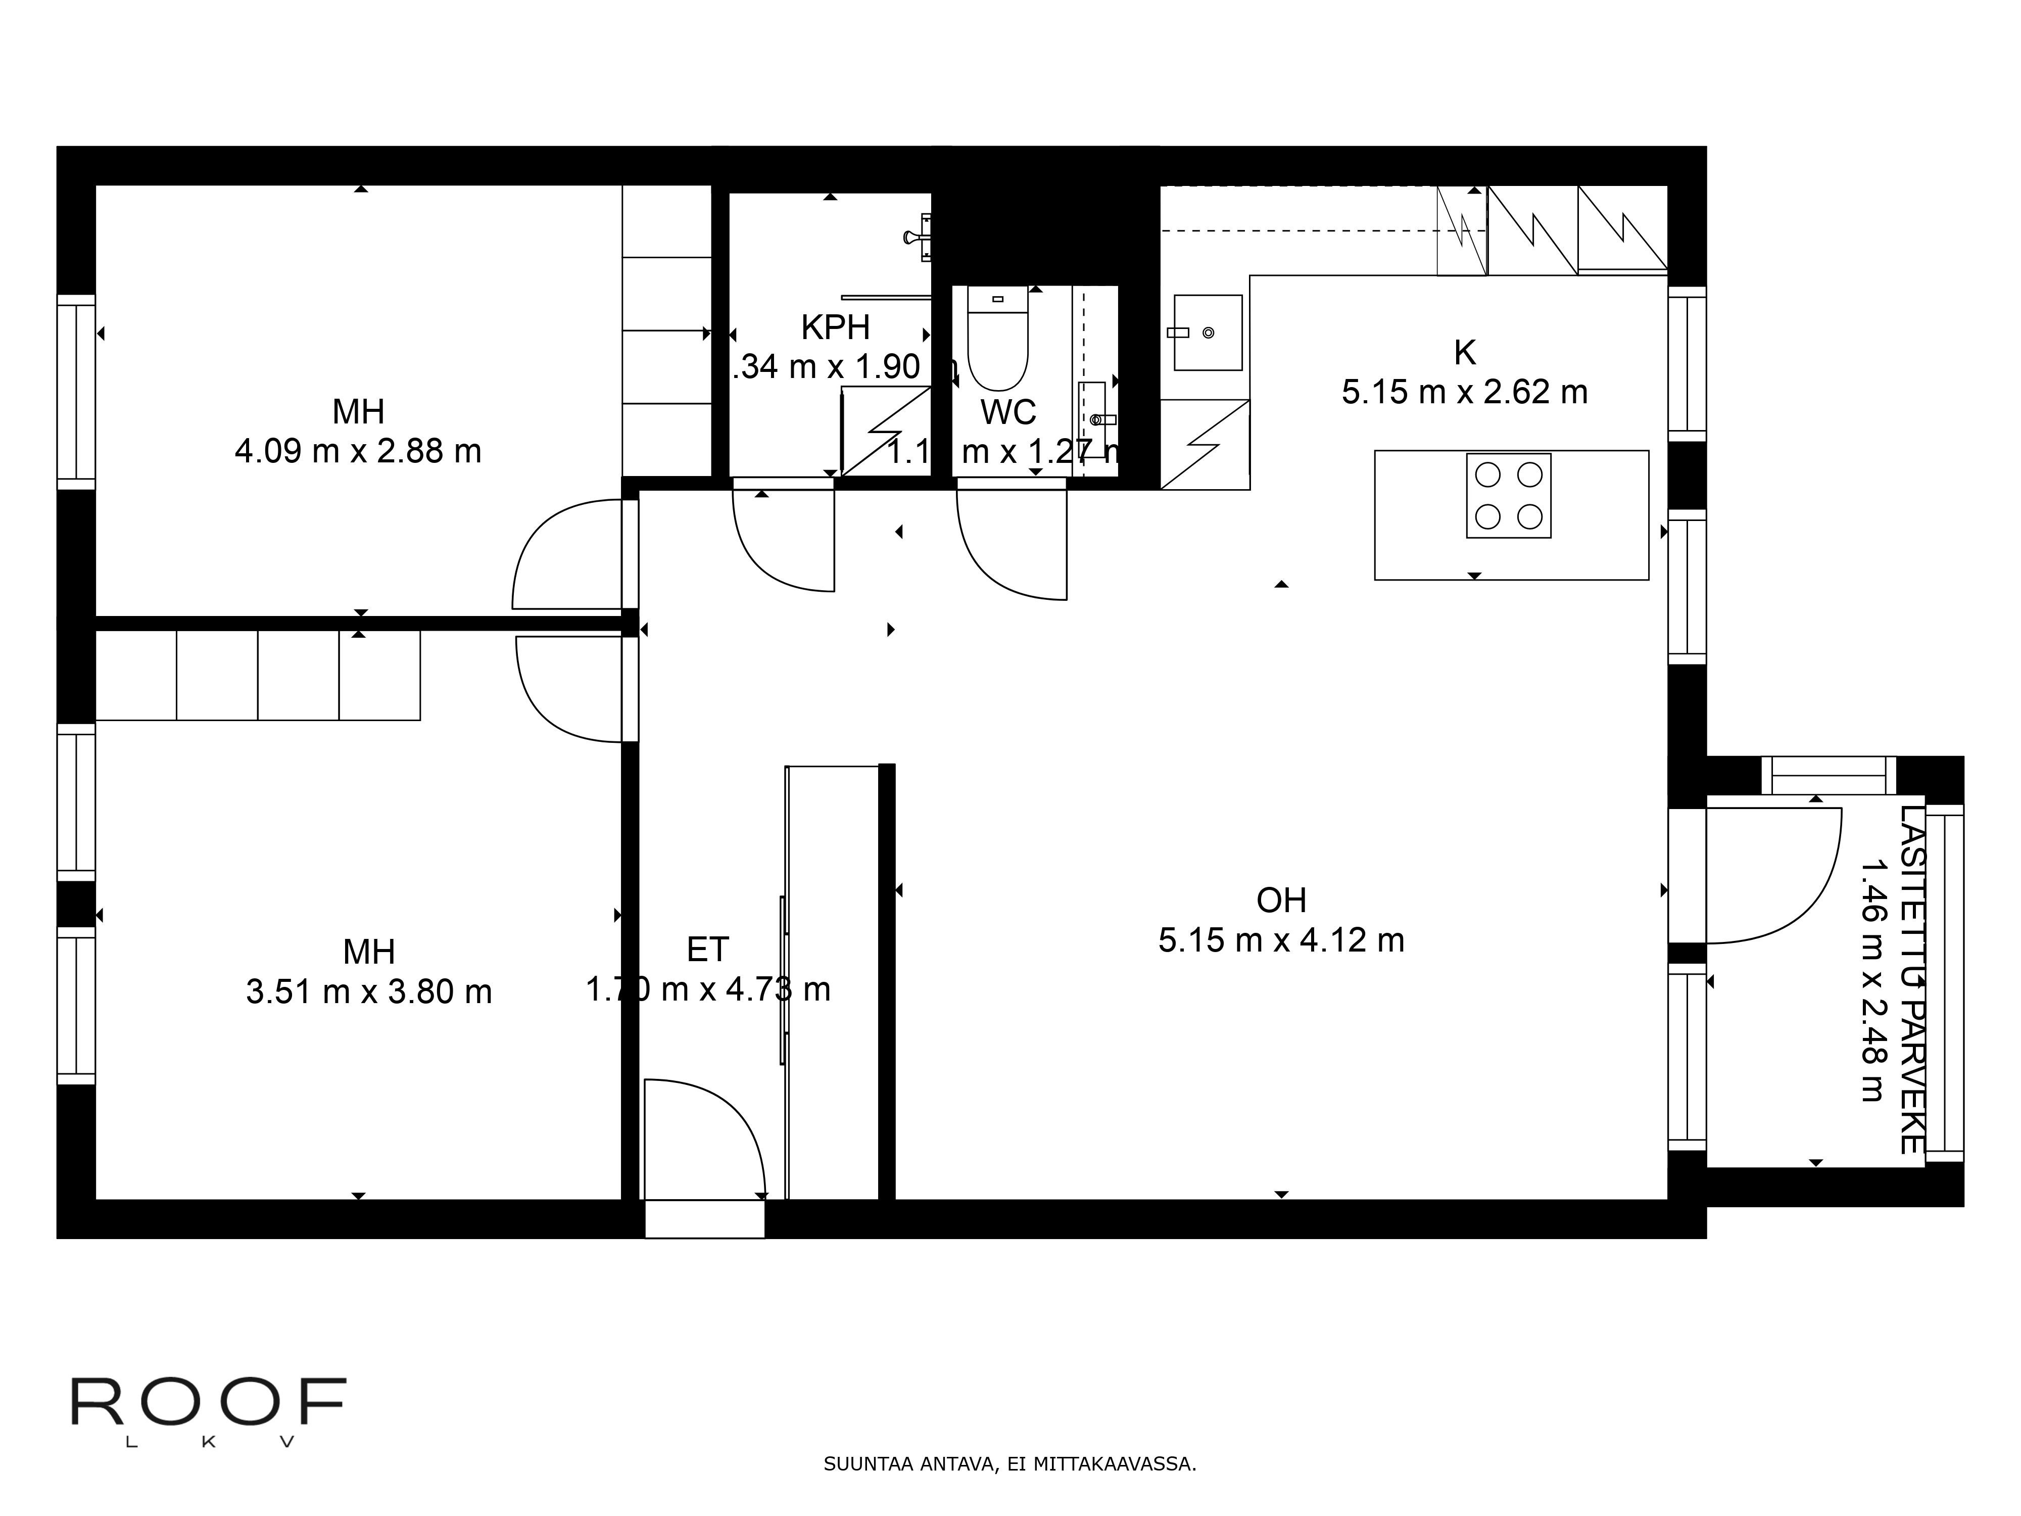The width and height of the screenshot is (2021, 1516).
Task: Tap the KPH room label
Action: (835, 327)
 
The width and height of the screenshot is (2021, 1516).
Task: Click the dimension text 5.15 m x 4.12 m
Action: (1281, 940)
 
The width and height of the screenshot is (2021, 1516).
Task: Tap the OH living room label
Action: (1281, 901)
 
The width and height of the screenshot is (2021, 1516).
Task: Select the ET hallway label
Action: (707, 951)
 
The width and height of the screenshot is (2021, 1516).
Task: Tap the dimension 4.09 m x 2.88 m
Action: (358, 451)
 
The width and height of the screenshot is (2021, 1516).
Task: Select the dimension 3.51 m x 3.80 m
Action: (369, 992)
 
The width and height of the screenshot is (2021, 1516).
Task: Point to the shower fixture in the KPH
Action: (918, 236)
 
